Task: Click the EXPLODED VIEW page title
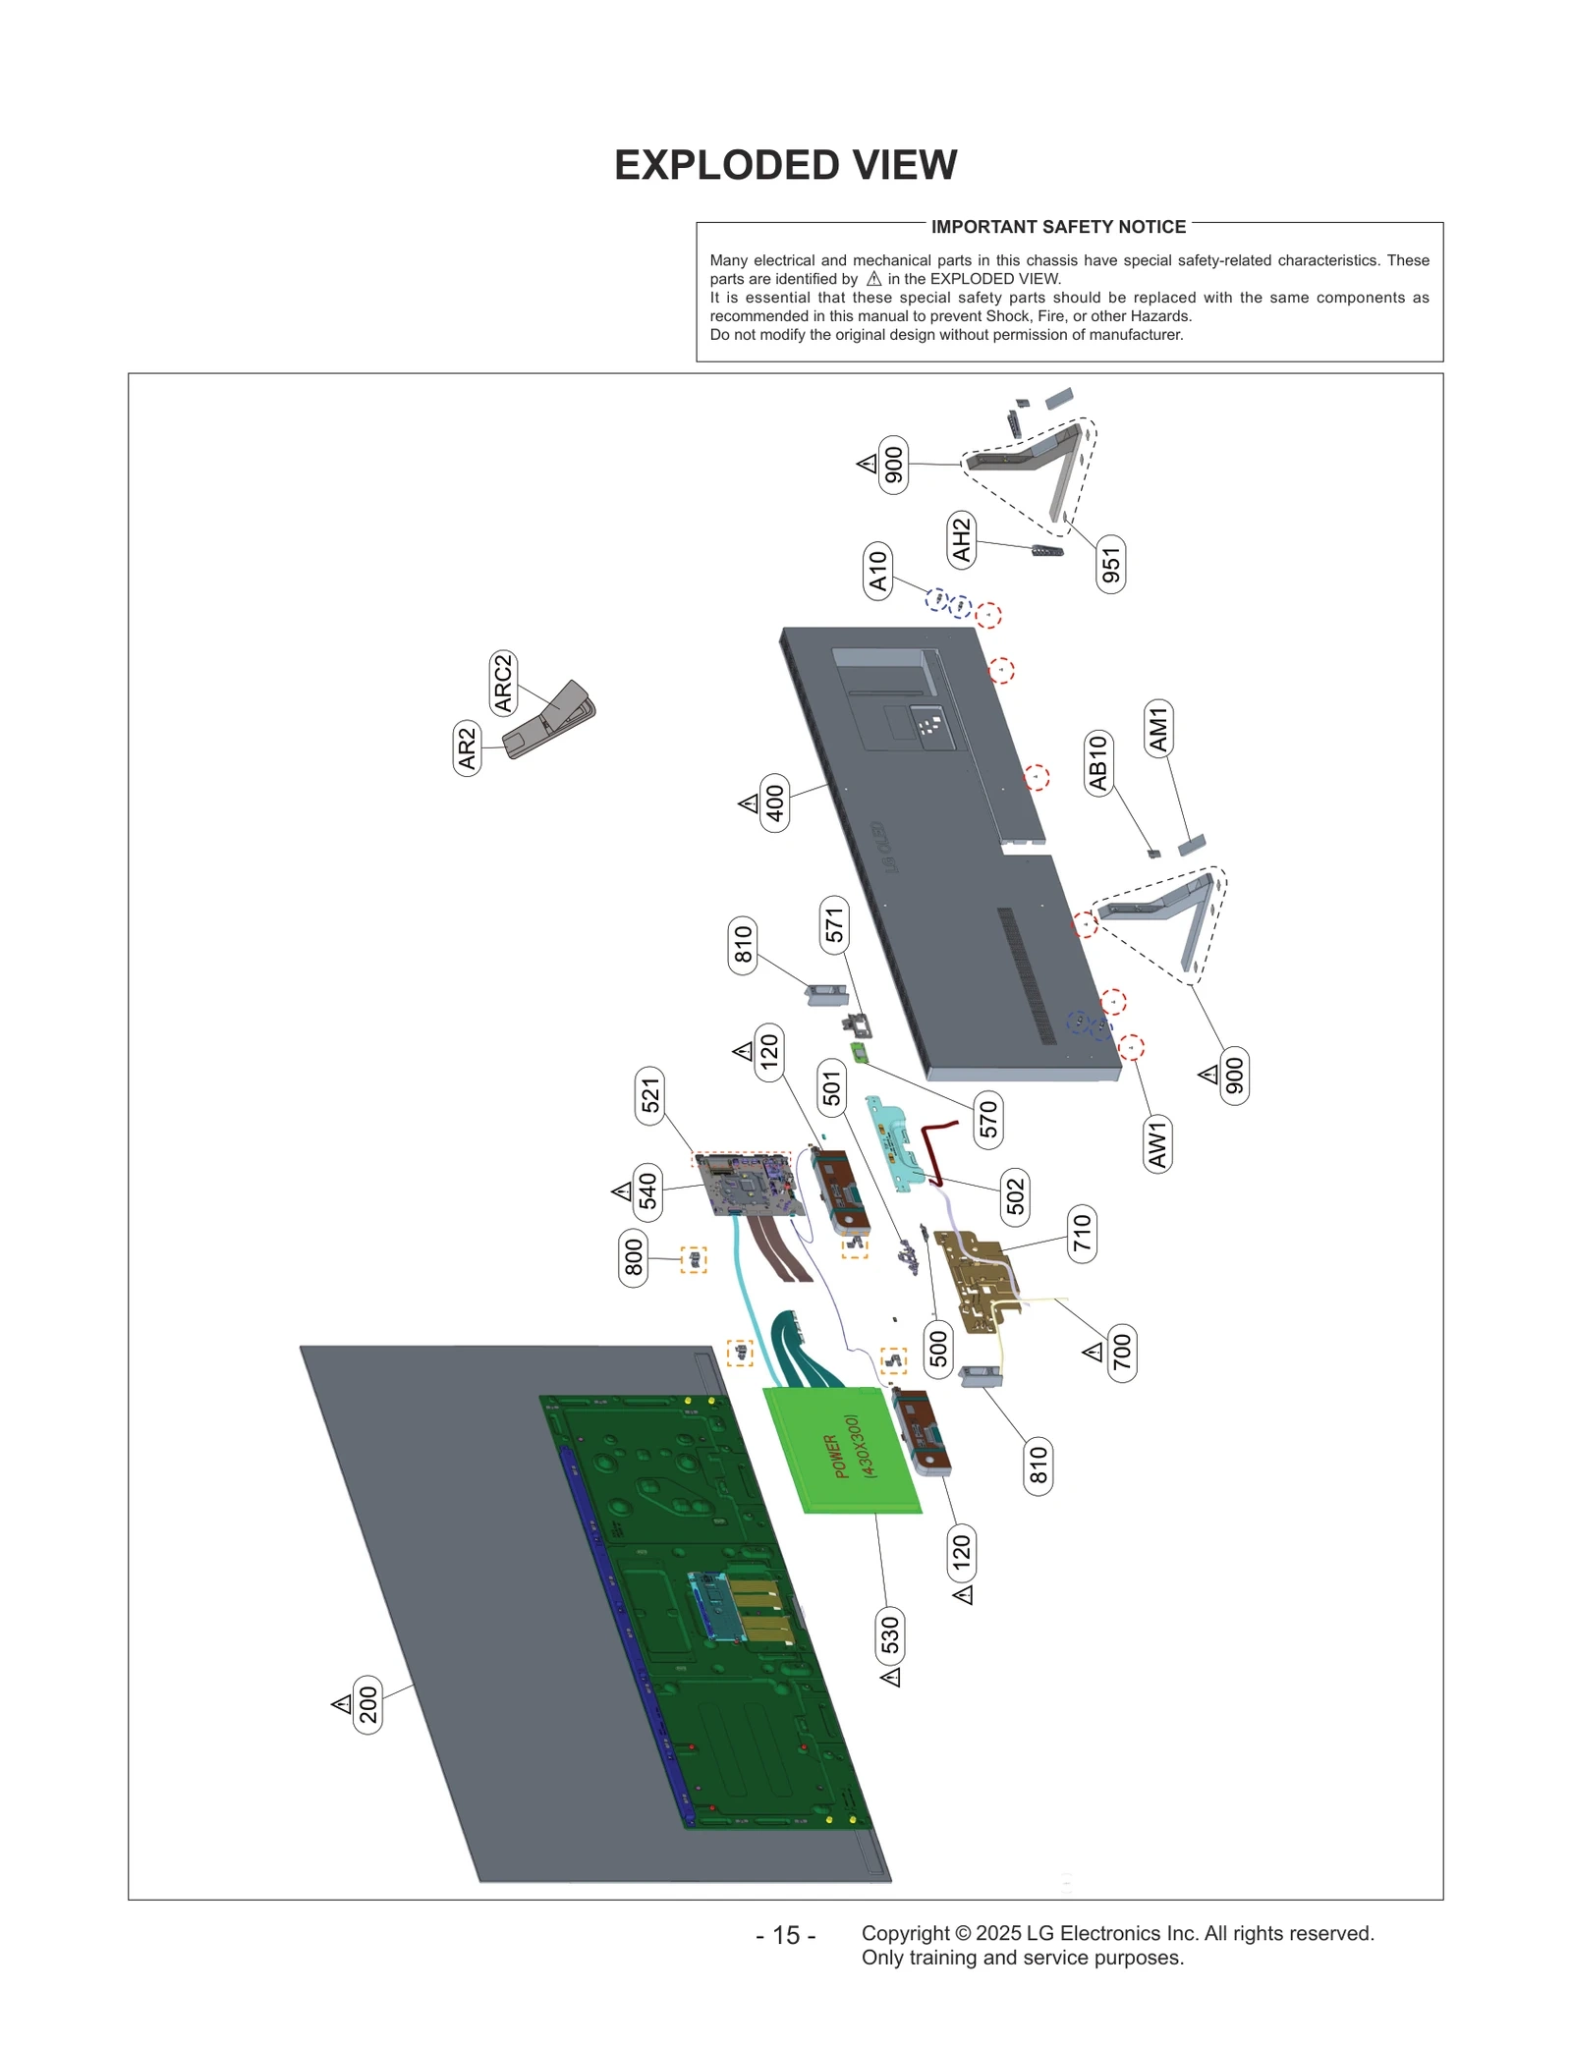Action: point(785,165)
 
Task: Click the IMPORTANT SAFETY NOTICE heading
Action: point(1058,227)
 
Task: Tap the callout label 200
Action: point(367,1706)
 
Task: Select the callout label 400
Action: point(775,803)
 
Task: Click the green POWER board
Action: point(842,1450)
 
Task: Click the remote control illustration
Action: point(549,721)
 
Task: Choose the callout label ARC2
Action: point(503,684)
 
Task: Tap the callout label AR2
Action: point(468,748)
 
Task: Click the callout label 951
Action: point(1110,565)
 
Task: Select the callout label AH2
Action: point(961,538)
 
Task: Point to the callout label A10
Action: point(877,571)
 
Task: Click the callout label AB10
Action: point(1098,762)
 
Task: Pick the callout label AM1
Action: point(1158,729)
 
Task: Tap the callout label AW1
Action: point(1157,1144)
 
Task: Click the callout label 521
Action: point(650,1095)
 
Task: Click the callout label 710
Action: point(1082,1234)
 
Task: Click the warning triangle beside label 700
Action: point(1093,1354)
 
